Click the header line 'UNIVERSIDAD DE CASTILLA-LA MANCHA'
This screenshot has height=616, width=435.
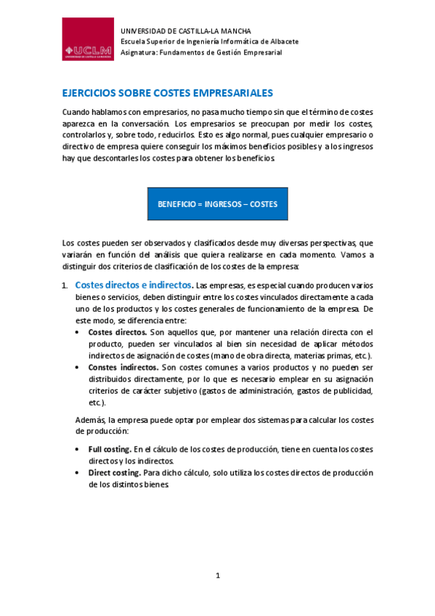tap(185, 31)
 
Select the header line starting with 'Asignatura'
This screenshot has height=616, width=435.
tap(200, 52)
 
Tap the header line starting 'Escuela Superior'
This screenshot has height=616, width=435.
tap(209, 41)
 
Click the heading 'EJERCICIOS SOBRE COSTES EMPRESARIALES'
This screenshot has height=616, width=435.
tap(167, 94)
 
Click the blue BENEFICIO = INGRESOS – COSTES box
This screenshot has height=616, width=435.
tap(218, 204)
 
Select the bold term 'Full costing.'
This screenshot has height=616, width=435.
tap(110, 450)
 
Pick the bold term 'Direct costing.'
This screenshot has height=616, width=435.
tap(115, 472)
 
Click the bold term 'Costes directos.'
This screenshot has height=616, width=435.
tap(117, 332)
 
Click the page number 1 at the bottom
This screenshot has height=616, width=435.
tap(217, 576)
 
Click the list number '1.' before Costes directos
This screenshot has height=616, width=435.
tap(65, 285)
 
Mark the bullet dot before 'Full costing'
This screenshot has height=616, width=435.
tap(78, 450)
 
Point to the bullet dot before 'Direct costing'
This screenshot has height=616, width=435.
tap(78, 472)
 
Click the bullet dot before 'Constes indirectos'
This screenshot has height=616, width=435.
tap(78, 368)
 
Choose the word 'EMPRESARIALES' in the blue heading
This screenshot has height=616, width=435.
tap(227, 94)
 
